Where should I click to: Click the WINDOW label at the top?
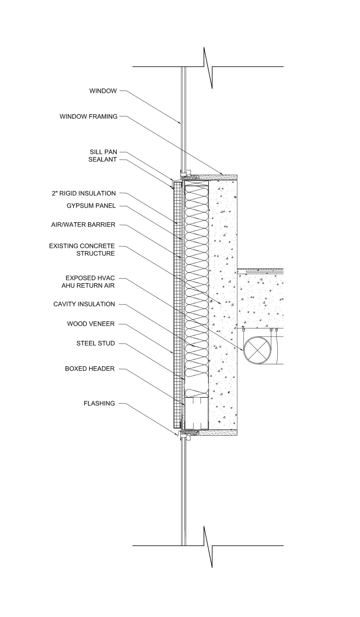tap(103, 91)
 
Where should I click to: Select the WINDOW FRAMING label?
tap(88, 116)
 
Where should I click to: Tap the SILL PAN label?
tap(103, 152)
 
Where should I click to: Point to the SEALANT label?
tap(102, 159)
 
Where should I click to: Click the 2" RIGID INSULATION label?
tap(83, 193)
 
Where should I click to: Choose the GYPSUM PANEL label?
tap(91, 206)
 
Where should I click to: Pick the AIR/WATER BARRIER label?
tap(83, 225)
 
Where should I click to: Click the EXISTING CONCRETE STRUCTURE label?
tap(82, 250)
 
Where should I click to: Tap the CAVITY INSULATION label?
tap(84, 304)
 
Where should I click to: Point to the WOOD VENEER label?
tap(91, 324)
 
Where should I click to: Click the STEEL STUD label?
tap(96, 343)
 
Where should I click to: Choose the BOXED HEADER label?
tap(90, 369)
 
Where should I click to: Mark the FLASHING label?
tap(99, 403)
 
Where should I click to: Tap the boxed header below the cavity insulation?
tap(196, 413)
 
